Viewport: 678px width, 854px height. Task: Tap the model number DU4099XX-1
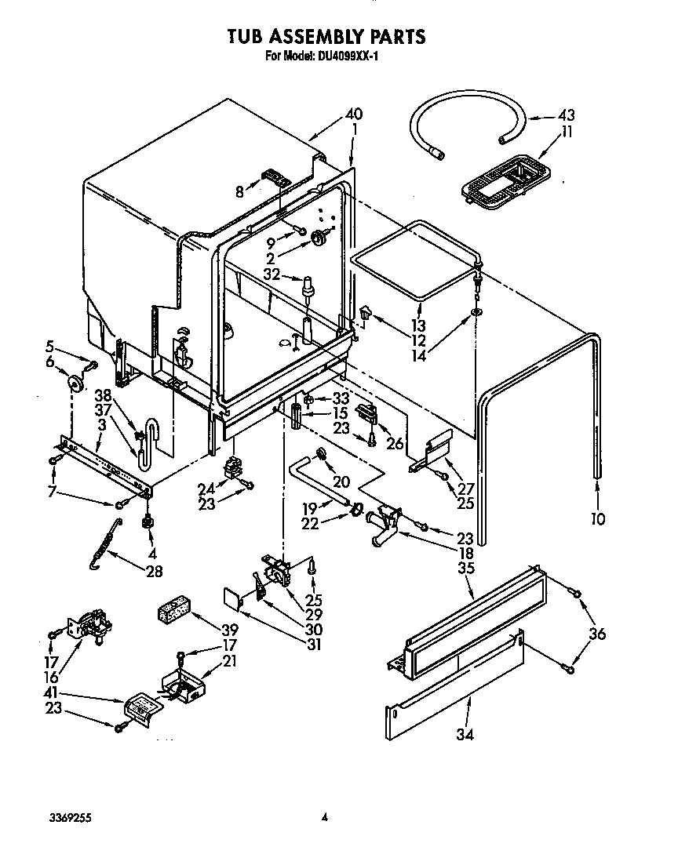pos(348,56)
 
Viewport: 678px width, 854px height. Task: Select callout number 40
pos(354,114)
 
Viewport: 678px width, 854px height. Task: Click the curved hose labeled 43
pos(466,114)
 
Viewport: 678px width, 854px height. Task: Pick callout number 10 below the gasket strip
pos(598,518)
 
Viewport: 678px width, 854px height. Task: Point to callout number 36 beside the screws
pos(597,634)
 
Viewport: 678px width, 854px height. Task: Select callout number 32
pos(272,274)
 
